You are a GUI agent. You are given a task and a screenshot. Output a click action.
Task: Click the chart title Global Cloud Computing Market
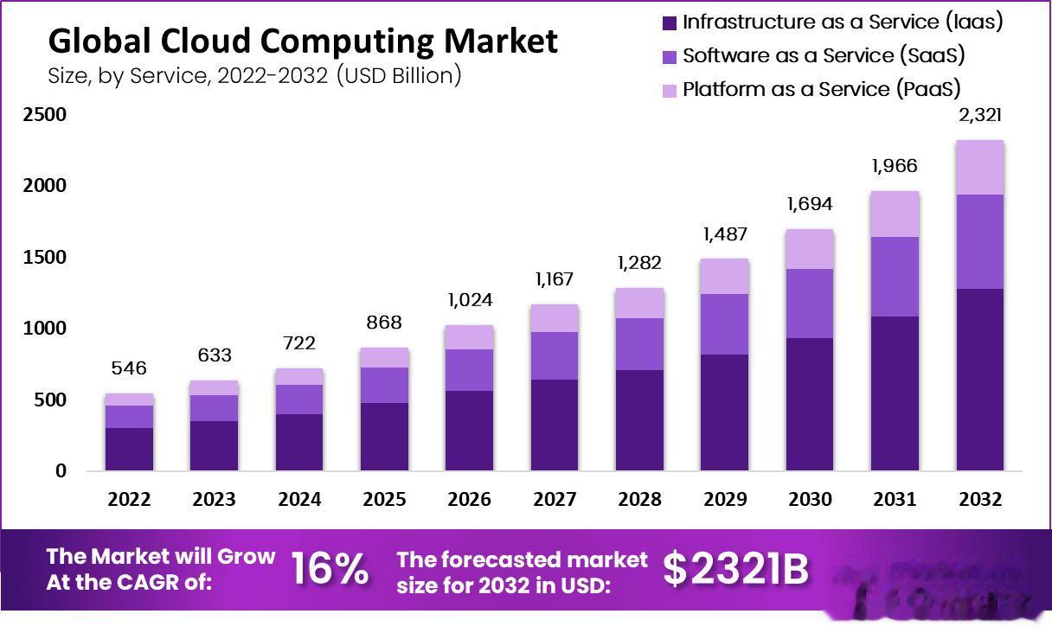tap(302, 41)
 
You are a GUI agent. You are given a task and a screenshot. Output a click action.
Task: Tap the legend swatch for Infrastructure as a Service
tap(669, 23)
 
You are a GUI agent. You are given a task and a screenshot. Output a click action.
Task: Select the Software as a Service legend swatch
tap(669, 57)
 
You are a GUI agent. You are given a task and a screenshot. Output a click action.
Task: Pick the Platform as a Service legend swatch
tap(669, 90)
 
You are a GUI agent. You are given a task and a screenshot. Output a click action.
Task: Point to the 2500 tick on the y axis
tap(43, 115)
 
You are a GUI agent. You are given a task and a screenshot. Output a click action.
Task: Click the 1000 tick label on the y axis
tap(43, 329)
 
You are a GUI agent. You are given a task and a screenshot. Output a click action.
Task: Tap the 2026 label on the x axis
tap(469, 500)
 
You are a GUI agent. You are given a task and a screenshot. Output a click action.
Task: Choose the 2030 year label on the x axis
tap(810, 500)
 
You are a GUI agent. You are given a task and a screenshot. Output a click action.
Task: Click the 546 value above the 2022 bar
tap(129, 368)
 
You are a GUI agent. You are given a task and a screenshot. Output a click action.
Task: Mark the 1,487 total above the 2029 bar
tap(724, 234)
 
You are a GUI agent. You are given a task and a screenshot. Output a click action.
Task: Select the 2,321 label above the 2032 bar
tap(980, 115)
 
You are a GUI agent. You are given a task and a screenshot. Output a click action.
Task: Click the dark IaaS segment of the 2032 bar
tap(980, 380)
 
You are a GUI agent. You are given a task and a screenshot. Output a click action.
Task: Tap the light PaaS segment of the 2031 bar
tap(895, 214)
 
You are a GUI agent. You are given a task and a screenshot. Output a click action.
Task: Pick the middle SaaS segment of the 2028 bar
tap(639, 344)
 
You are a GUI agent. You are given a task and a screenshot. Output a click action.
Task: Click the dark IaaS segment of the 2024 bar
tap(298, 442)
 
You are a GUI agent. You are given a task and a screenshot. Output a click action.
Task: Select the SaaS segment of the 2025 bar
tap(384, 385)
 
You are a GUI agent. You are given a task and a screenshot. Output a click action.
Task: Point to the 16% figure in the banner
tap(330, 569)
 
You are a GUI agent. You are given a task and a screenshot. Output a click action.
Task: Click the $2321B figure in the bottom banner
tap(736, 569)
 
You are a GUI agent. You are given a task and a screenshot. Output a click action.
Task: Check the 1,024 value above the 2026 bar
tap(469, 301)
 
